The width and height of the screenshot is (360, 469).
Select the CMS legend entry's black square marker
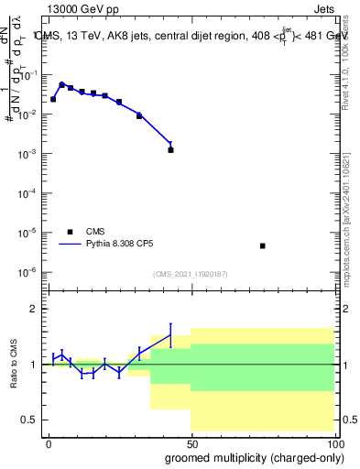pos(70,232)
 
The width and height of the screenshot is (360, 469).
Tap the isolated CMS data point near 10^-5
pos(263,245)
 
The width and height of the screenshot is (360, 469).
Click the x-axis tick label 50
pos(191,443)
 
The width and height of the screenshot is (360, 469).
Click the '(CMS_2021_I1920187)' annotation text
pos(190,274)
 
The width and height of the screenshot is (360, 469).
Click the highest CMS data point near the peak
pos(61,84)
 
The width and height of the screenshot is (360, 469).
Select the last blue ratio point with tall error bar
pos(170,335)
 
